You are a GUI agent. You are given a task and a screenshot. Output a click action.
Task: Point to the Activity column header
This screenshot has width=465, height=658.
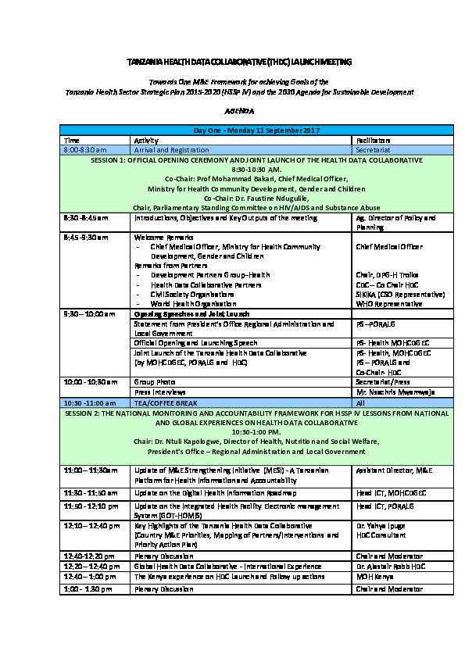tap(147, 138)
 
